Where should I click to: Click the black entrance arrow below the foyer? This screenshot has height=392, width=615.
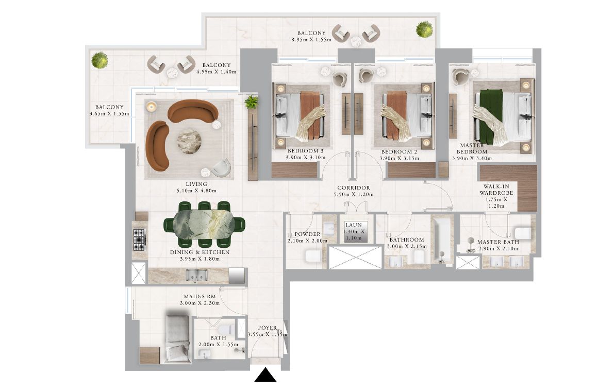pos(265,375)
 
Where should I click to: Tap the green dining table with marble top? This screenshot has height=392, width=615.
pos(204,224)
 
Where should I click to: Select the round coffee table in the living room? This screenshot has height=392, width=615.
pos(189,141)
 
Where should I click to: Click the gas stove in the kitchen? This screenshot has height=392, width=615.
pos(139,239)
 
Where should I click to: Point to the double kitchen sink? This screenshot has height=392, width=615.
pos(196,275)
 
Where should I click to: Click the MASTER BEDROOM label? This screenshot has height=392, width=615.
pos(472,148)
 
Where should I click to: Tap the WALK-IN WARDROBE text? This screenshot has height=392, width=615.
pos(496,190)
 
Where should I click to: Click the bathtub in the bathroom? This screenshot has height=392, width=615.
pos(442,239)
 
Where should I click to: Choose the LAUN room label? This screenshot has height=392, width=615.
pos(354,225)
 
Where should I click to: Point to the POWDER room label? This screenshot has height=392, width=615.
pos(307,234)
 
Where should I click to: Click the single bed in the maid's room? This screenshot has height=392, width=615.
pos(177,336)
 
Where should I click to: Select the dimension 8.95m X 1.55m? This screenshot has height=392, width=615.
pos(311,40)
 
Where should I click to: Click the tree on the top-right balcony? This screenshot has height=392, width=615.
pos(424,29)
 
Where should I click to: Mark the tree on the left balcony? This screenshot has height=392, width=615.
pos(99,60)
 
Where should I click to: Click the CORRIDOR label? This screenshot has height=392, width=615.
pos(354,188)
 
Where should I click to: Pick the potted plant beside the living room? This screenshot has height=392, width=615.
pos(251,103)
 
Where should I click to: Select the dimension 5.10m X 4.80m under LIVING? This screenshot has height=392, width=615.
pos(196,191)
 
